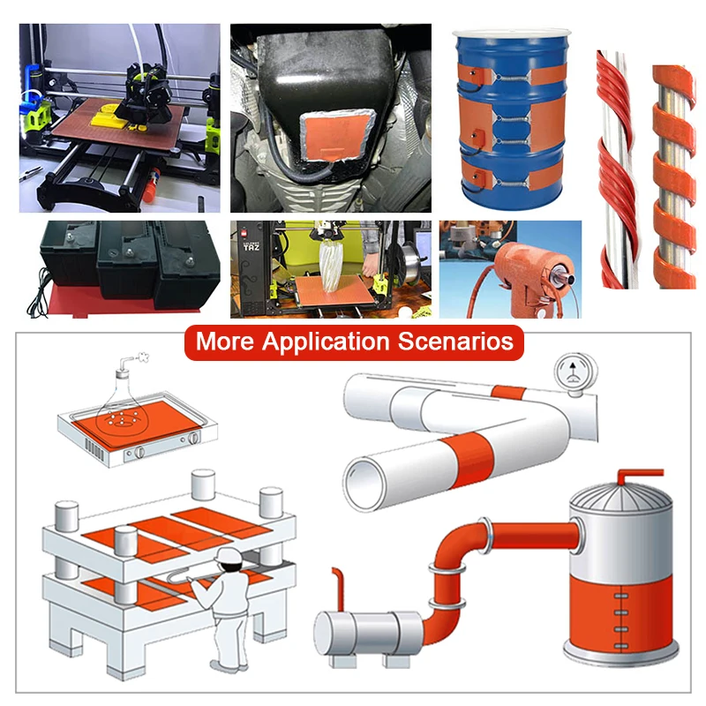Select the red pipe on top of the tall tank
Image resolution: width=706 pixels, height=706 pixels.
click(630, 474)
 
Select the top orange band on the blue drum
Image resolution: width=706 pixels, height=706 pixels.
click(512, 74)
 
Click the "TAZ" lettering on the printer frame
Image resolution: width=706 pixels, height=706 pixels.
click(248, 247)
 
